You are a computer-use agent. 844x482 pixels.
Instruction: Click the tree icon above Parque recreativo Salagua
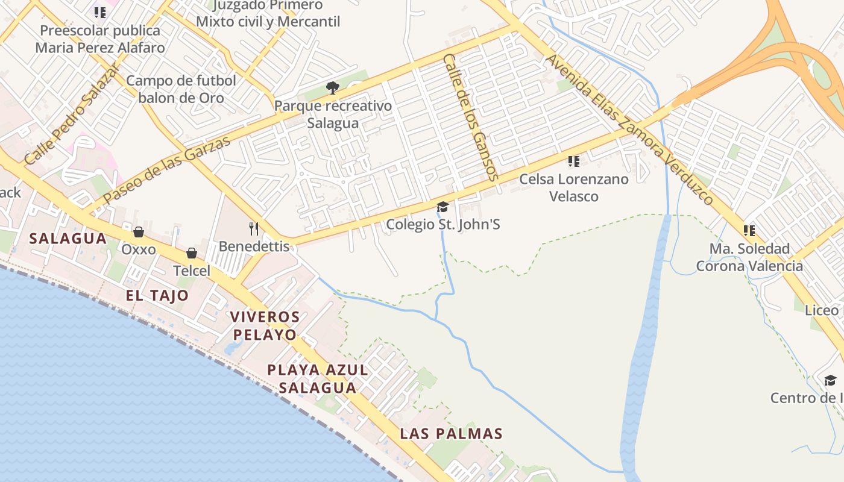[332, 88]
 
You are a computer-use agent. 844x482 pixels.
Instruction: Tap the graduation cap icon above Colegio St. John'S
[443, 207]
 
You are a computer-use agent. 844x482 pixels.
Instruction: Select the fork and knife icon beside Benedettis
[254, 228]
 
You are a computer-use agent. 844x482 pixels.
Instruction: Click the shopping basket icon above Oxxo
[139, 232]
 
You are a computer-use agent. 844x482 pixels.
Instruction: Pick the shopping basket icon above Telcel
[192, 253]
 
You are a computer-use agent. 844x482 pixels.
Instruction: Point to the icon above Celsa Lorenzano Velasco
[574, 161]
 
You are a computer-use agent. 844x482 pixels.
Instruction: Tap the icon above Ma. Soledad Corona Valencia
[749, 231]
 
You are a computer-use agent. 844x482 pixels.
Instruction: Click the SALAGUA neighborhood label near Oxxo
[68, 239]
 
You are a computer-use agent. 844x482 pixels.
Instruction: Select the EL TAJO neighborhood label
[157, 295]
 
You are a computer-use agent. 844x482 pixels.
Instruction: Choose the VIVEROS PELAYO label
[265, 325]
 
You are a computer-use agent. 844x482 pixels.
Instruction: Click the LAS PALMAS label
[451, 434]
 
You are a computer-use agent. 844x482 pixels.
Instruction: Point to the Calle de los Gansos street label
[470, 117]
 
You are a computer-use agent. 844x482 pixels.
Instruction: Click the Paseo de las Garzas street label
[166, 170]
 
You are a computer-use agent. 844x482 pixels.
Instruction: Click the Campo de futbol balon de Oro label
[181, 89]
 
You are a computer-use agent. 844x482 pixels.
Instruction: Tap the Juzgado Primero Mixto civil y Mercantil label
[268, 14]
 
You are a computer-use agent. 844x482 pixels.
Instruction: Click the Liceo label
[822, 310]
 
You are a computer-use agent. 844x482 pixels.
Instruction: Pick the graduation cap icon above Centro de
[830, 380]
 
